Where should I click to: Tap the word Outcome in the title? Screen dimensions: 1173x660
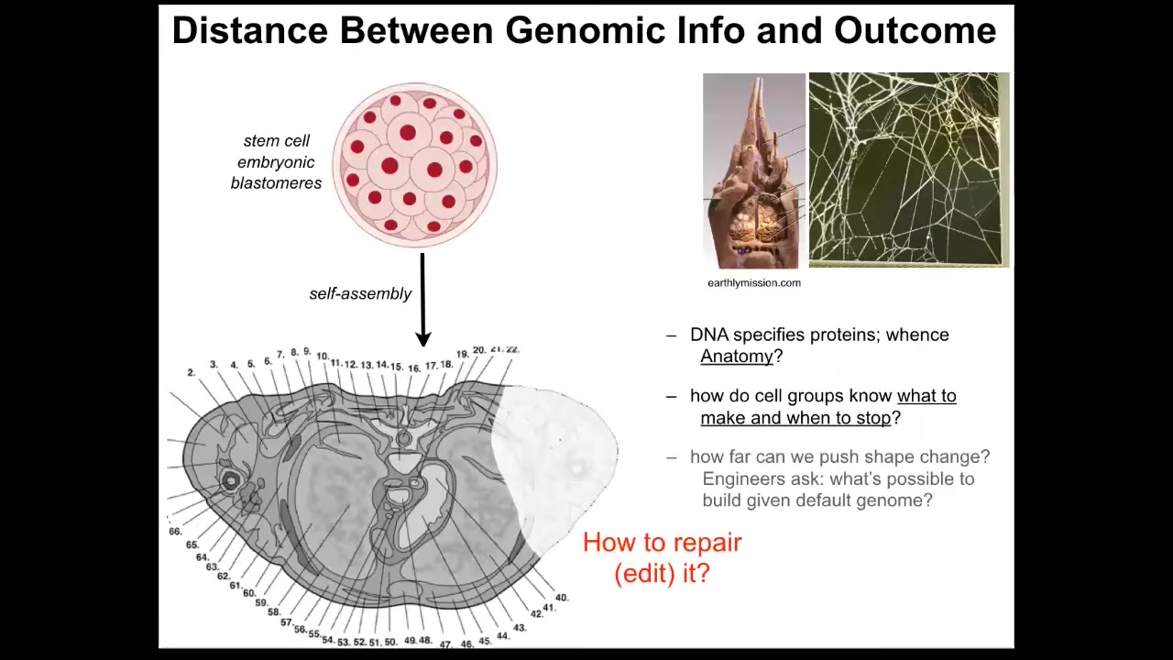[915, 31]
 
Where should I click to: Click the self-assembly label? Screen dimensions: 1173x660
[360, 294]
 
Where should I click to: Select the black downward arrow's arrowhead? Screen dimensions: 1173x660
[423, 338]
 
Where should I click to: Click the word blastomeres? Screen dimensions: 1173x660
[276, 182]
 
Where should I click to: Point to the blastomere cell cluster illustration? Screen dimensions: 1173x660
[415, 164]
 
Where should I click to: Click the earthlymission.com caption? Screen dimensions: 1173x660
[754, 283]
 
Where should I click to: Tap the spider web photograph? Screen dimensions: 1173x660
[909, 170]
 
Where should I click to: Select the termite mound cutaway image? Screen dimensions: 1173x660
[754, 170]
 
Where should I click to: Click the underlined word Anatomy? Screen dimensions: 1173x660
[736, 357]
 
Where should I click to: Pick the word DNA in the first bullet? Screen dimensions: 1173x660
[709, 335]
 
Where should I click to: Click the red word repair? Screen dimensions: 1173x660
[706, 544]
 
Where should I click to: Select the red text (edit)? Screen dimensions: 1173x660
[645, 574]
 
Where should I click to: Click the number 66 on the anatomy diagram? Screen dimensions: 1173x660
[175, 532]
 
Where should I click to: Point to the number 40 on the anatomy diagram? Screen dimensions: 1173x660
[562, 598]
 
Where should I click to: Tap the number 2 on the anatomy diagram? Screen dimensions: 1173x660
[192, 372]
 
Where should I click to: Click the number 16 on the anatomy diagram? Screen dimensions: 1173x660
[414, 368]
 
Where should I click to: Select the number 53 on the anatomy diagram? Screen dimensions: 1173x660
[344, 643]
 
